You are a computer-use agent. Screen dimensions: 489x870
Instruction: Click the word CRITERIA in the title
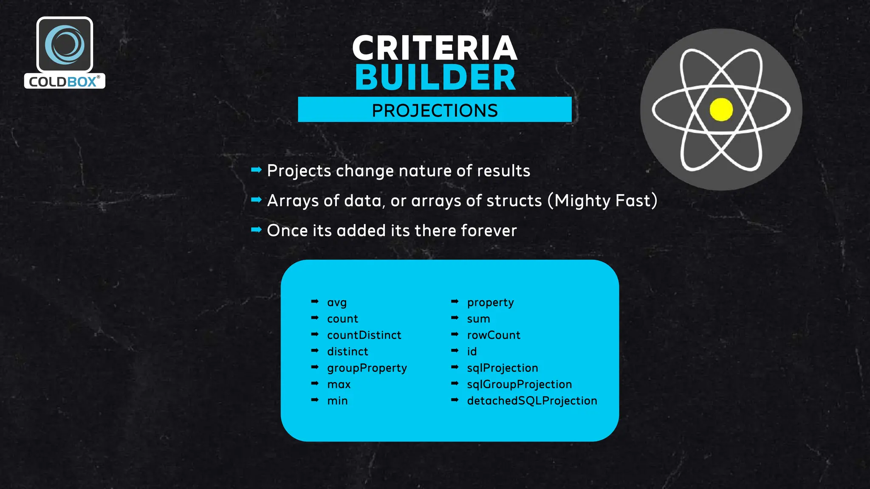435,48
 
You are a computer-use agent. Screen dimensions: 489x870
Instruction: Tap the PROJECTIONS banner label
435,110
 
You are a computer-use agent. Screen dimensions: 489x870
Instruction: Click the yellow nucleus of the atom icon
721,110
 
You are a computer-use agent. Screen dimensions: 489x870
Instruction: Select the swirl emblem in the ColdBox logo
65,45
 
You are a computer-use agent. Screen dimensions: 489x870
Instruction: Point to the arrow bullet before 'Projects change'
256,170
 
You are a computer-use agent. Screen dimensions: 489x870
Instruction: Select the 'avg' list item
337,303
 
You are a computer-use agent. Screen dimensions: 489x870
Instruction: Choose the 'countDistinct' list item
364,335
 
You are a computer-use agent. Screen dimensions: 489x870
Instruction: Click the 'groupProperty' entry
367,368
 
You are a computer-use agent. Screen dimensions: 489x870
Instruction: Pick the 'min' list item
337,401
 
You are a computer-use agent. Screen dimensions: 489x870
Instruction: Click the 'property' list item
490,303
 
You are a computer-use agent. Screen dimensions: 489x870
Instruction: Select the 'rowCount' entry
494,335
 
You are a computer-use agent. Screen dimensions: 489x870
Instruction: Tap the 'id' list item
472,351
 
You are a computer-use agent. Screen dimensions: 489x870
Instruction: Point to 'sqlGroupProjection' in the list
519,385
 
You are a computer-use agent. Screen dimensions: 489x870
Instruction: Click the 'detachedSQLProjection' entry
532,401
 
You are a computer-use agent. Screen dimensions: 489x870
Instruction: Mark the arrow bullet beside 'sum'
455,318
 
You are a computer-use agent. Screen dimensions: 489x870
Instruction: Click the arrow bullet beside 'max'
315,383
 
